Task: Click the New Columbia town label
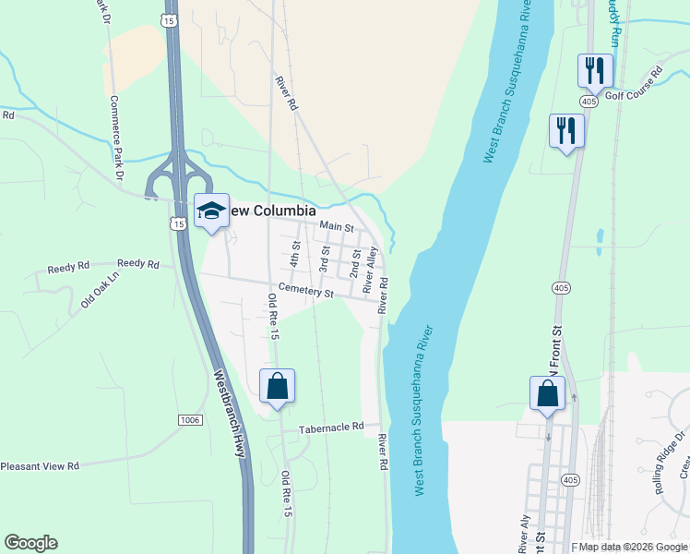(x=266, y=211)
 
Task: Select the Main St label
(x=337, y=225)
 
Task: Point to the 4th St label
(x=296, y=253)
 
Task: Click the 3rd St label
(x=325, y=258)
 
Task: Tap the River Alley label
(x=371, y=269)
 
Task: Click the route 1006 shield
(x=190, y=420)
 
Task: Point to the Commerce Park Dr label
(x=117, y=138)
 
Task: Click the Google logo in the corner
(x=30, y=543)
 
